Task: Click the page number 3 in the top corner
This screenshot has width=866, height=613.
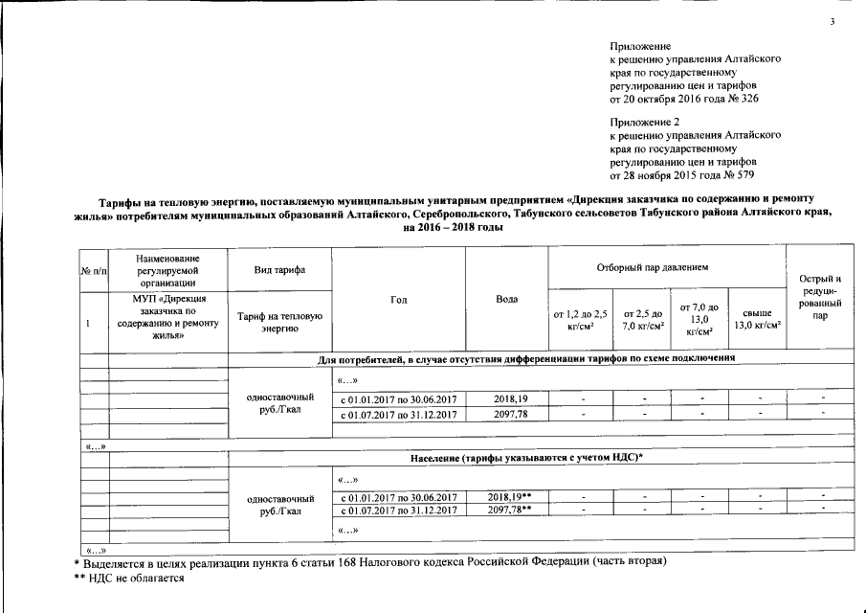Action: pyautogui.click(x=833, y=21)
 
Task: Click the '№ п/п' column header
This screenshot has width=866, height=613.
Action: pyautogui.click(x=93, y=270)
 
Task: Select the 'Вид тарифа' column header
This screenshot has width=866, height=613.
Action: pyautogui.click(x=278, y=270)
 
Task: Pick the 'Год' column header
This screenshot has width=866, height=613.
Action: pyautogui.click(x=399, y=300)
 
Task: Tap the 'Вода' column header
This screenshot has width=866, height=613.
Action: pyautogui.click(x=507, y=300)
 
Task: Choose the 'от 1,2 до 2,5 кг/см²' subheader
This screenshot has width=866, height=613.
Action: pyautogui.click(x=580, y=319)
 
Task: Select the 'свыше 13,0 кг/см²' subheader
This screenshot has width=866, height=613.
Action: pyautogui.click(x=757, y=319)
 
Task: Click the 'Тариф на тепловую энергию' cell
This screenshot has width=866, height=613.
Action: pyautogui.click(x=278, y=323)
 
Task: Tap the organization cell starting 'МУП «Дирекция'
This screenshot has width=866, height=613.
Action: pyautogui.click(x=167, y=317)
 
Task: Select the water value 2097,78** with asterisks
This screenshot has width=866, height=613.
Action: pyautogui.click(x=509, y=511)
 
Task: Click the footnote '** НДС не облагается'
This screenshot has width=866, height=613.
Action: pyautogui.click(x=129, y=578)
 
